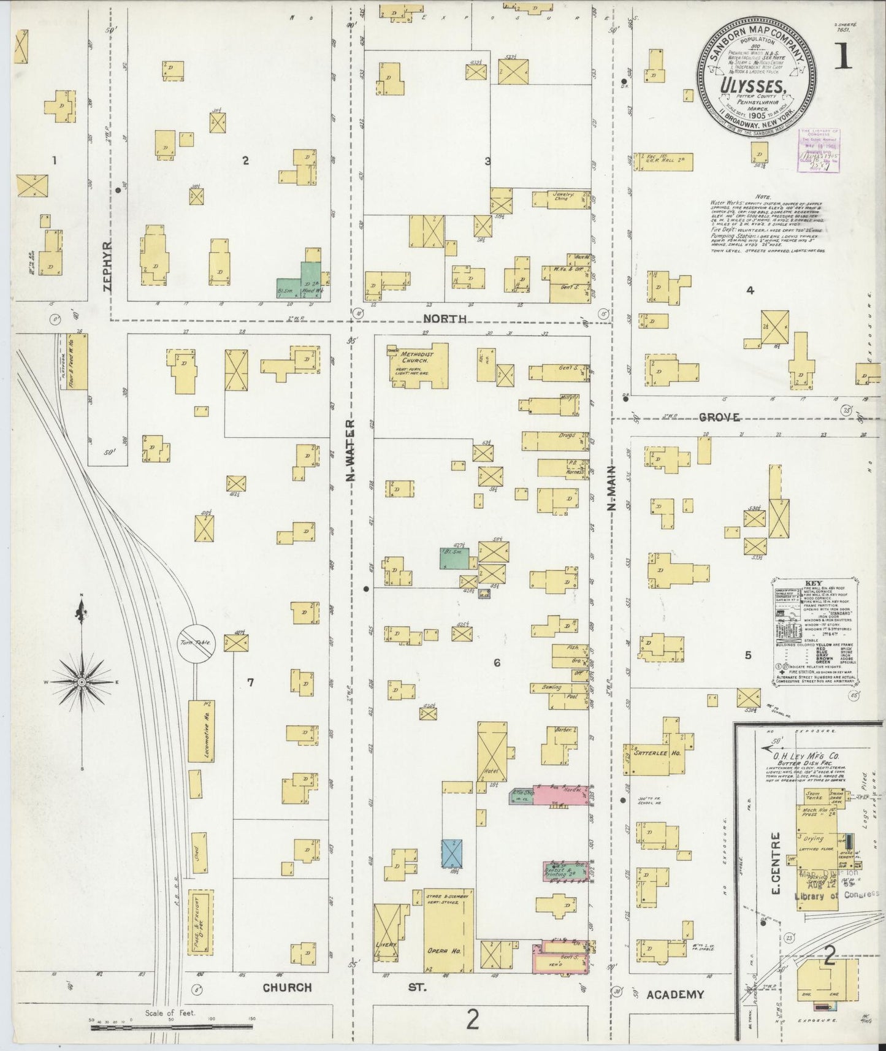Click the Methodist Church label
419,358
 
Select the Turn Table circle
196,643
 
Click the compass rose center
81,682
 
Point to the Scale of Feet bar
172,1022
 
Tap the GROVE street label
719,418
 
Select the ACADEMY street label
675,995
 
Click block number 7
250,682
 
